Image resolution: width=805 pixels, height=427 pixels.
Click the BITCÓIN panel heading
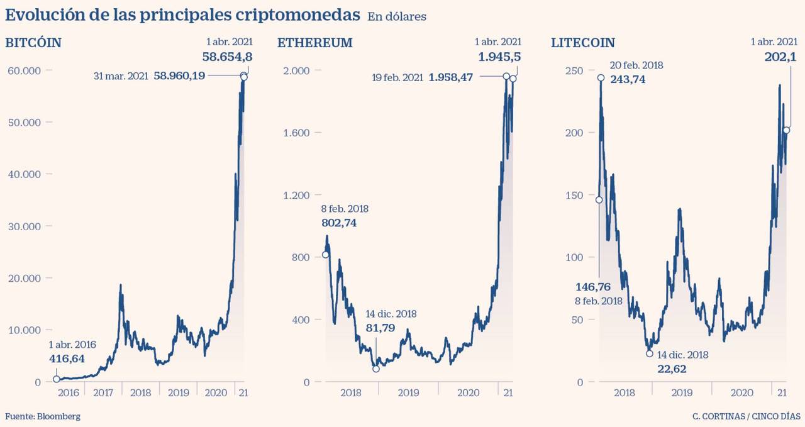pyautogui.click(x=33, y=43)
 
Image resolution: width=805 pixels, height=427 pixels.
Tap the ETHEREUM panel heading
pyautogui.click(x=314, y=43)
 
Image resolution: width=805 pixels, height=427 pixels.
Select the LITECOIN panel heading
pyautogui.click(x=583, y=43)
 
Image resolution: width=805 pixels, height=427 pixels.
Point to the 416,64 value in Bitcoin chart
pyautogui.click(x=67, y=359)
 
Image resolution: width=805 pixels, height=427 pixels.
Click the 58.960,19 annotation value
pyautogui.click(x=179, y=76)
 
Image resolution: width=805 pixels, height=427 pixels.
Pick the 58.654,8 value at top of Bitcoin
pyautogui.click(x=228, y=57)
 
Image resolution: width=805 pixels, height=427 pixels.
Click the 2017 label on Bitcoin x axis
pyautogui.click(x=103, y=393)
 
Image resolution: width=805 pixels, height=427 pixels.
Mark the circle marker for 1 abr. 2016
pyautogui.click(x=56, y=379)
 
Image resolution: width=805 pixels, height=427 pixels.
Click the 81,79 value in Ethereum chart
pyautogui.click(x=380, y=327)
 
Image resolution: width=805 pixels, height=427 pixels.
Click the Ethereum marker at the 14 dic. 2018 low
pyautogui.click(x=376, y=369)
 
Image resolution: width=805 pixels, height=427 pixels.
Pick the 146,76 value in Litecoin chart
pyautogui.click(x=593, y=287)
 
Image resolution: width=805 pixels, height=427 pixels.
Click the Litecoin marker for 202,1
pyautogui.click(x=786, y=130)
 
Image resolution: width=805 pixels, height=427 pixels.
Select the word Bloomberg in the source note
pyautogui.click(x=58, y=416)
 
